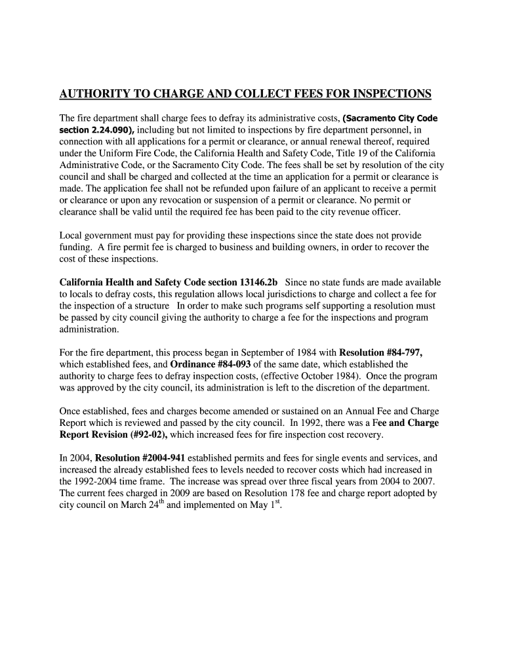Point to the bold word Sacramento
point(371,118)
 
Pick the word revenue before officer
point(339,213)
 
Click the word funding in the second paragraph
point(77,247)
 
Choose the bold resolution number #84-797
point(399,352)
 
